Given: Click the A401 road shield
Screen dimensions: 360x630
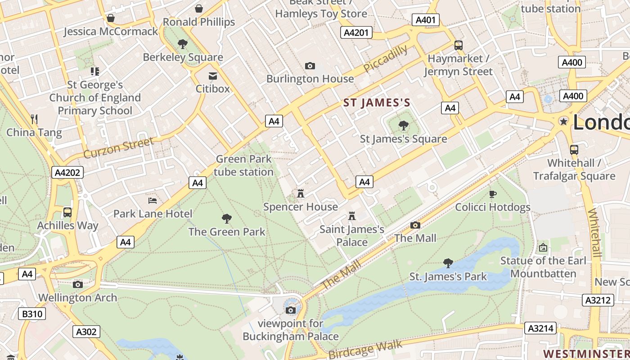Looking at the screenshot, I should tap(425, 20).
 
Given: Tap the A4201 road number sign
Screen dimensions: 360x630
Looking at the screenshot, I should tap(356, 32).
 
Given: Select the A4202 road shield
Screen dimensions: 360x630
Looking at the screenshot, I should tap(67, 172).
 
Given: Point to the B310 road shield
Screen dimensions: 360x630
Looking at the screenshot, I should tap(32, 314).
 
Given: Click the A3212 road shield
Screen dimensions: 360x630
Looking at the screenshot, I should tap(598, 300).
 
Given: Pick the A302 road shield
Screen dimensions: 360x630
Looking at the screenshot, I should tap(86, 332).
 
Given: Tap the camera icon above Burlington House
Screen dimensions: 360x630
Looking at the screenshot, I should tap(310, 66).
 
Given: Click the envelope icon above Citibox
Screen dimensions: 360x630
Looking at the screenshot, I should tap(212, 76).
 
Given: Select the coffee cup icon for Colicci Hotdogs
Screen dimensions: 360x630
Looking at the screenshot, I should tap(493, 194).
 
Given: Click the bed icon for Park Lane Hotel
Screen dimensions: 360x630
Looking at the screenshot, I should tap(153, 201).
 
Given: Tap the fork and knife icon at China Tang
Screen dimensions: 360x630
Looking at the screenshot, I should tap(34, 119).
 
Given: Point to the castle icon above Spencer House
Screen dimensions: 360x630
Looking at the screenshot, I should tap(301, 194).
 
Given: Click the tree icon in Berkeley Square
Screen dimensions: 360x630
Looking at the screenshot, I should tap(183, 44).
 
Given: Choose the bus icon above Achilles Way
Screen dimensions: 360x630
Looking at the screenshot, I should tap(67, 212).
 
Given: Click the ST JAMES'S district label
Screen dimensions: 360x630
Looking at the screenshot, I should tap(377, 103).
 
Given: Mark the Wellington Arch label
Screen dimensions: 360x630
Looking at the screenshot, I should tap(77, 297).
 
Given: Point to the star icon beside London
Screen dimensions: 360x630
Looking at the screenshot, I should tap(563, 121).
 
